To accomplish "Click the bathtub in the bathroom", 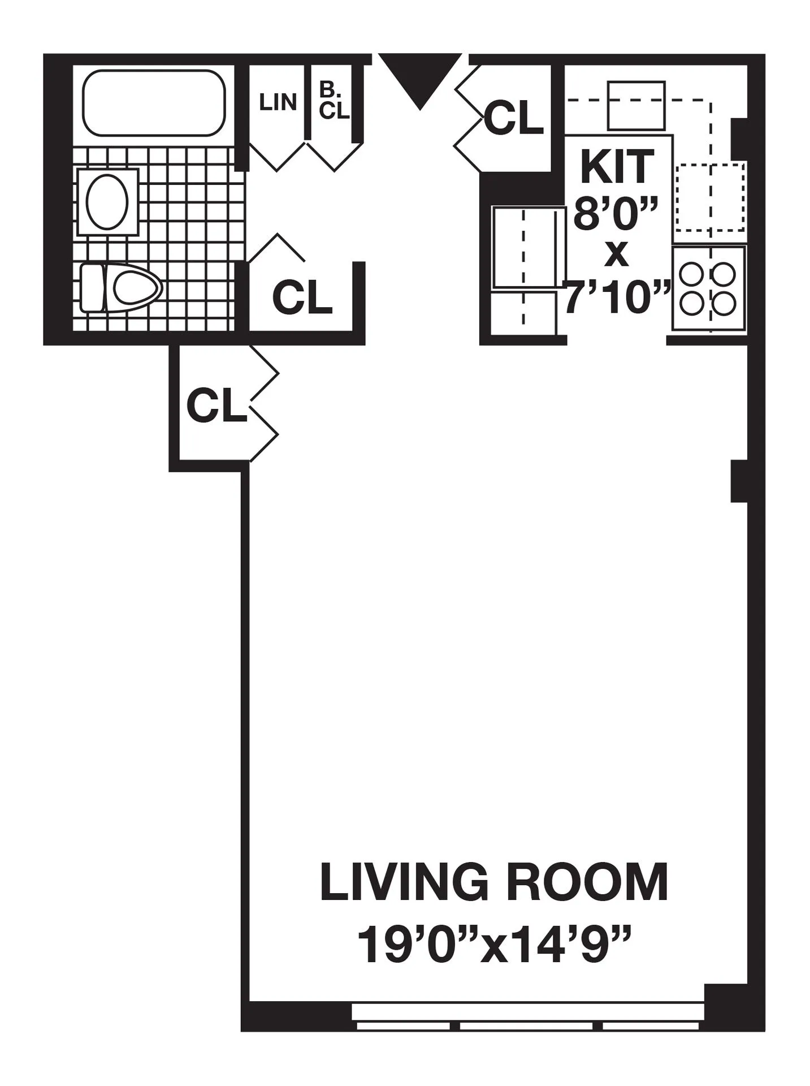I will pyautogui.click(x=153, y=103).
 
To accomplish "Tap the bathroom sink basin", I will pyautogui.click(x=107, y=201).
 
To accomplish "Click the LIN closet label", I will pyautogui.click(x=278, y=103).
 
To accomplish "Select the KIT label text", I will pyautogui.click(x=617, y=167).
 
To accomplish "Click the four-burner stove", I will pyautogui.click(x=708, y=288).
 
